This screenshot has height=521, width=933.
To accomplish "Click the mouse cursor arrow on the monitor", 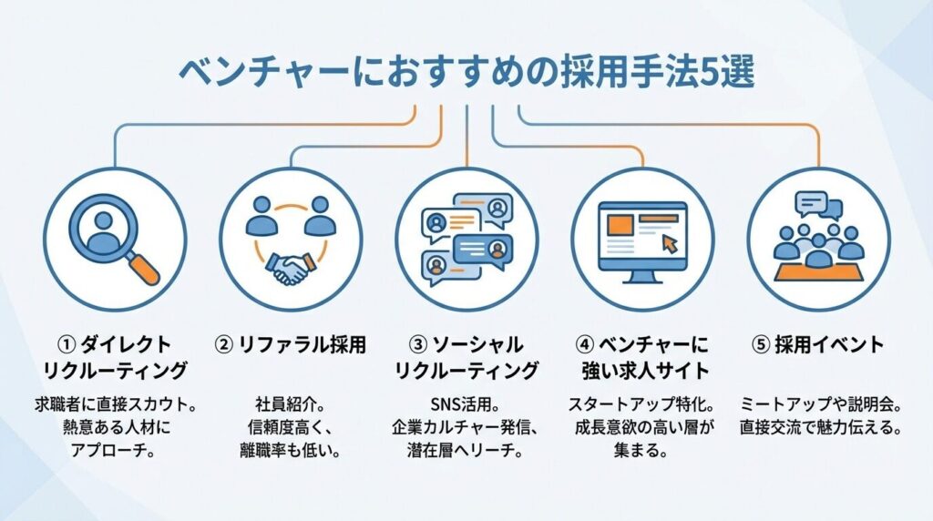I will (x=670, y=244).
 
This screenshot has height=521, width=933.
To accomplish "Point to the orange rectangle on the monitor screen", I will (x=620, y=225).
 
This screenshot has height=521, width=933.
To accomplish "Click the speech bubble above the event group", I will (x=811, y=203).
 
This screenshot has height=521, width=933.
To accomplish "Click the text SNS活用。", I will (x=466, y=404).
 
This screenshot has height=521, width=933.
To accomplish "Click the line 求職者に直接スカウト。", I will (x=115, y=404).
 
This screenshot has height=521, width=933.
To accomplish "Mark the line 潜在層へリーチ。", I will (x=466, y=450).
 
